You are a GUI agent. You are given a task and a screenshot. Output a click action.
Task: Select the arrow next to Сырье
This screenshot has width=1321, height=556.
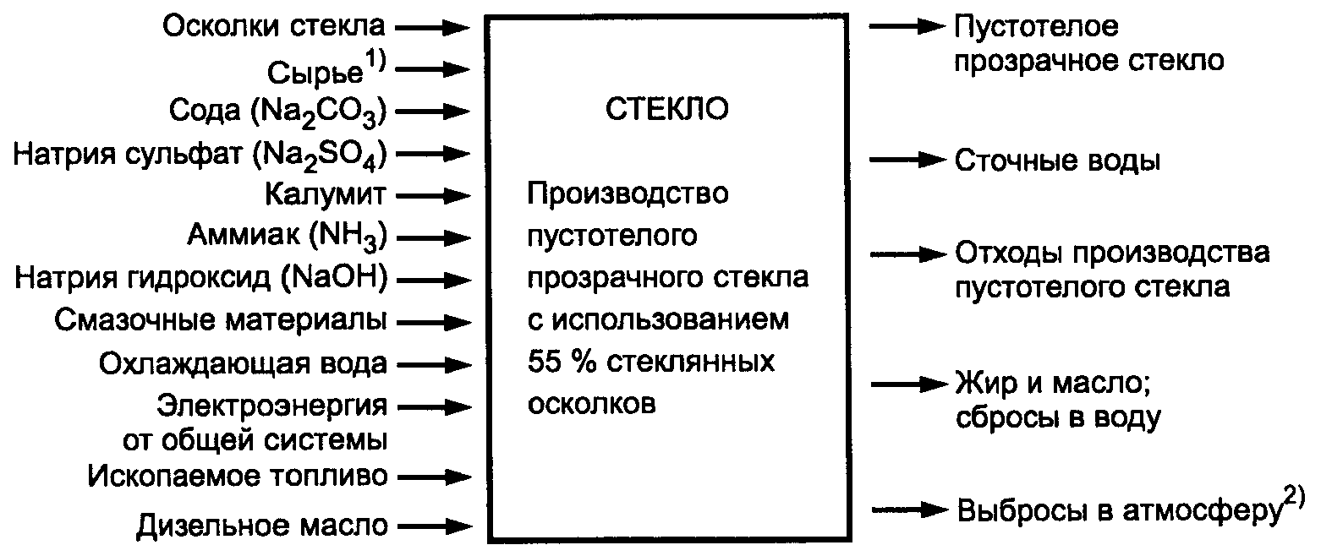click(x=432, y=69)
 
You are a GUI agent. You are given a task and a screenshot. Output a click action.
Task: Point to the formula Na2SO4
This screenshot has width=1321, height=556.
click(x=332, y=155)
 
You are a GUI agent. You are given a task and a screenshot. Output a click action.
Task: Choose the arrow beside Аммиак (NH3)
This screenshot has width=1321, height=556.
click(x=432, y=237)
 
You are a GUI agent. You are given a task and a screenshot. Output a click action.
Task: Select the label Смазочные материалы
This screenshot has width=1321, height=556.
click(x=222, y=321)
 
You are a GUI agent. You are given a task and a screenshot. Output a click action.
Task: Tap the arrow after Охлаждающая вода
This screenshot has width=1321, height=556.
click(x=432, y=364)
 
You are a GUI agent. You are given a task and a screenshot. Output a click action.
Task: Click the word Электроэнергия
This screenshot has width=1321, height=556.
click(x=273, y=406)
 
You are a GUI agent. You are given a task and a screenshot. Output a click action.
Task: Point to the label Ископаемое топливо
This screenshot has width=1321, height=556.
click(x=238, y=477)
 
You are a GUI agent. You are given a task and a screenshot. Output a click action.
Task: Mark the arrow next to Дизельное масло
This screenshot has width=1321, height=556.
click(x=432, y=526)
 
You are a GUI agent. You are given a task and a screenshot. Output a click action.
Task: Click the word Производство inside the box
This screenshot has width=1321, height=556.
click(x=627, y=194)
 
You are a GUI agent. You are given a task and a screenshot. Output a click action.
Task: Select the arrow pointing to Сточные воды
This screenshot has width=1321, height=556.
click(x=908, y=161)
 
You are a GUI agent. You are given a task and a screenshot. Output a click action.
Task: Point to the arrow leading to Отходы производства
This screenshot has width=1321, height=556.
click(x=908, y=253)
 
